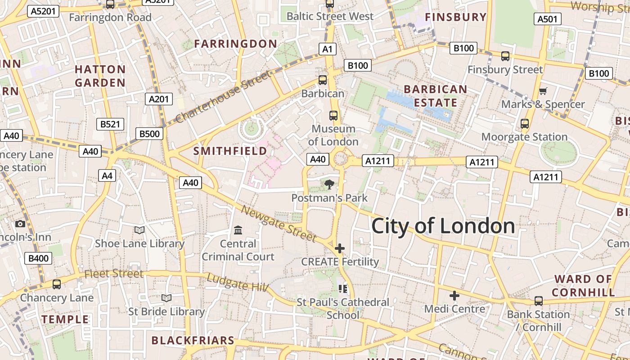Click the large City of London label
coord(443,225)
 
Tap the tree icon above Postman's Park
coord(329,184)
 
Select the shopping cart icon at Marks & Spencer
coord(543,91)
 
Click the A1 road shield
coord(327,49)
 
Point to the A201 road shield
coord(159,99)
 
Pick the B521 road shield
coord(110,124)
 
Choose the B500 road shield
coord(149,134)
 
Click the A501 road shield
coord(548,19)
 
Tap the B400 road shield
coord(39,258)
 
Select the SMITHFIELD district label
coord(230,151)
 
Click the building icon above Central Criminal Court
coord(238,230)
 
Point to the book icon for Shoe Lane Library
coord(139,230)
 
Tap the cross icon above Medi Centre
coord(454,296)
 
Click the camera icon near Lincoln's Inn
coord(20,224)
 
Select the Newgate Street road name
coord(279,223)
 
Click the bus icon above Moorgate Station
coord(524,124)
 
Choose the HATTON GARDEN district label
coord(100,76)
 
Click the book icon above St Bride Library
coord(166,298)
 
